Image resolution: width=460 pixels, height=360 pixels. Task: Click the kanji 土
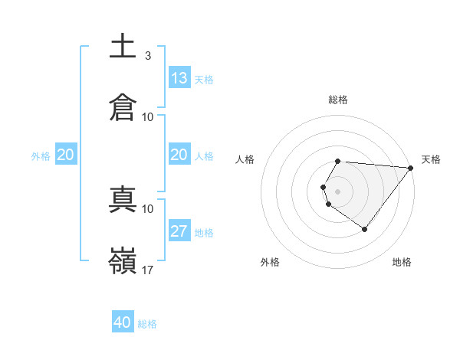123,45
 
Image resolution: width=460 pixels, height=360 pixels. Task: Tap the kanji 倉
123,106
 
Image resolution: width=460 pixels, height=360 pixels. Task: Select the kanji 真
123,198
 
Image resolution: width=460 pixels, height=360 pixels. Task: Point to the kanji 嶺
123,260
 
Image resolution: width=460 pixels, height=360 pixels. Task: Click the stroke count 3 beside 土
147,56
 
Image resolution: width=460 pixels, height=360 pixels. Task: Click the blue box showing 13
179,78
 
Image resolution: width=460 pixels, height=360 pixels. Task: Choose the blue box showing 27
179,231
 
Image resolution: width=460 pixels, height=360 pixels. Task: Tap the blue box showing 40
123,322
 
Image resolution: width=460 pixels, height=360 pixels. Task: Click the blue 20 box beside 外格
65,155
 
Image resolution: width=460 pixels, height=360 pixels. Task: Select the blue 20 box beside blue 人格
179,155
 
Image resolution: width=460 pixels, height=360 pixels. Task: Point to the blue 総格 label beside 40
147,324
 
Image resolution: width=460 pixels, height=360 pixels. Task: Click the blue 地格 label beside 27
204,233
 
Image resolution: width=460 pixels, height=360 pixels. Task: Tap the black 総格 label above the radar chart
338,100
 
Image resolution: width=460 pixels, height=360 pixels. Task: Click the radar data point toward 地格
364,229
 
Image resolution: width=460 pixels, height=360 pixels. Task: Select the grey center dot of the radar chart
338,191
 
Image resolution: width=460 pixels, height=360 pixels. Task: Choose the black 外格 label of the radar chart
269,262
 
